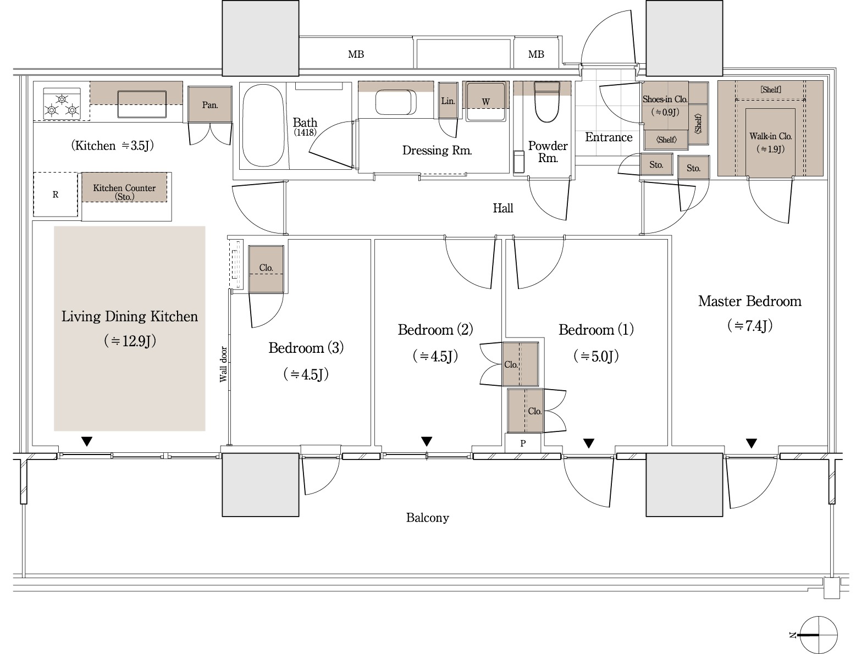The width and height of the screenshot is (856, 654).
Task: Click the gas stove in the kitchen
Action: [62, 104]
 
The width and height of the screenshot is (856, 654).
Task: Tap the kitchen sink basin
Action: [142, 104]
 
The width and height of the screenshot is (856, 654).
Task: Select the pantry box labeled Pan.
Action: [210, 104]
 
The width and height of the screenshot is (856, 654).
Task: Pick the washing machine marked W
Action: [486, 101]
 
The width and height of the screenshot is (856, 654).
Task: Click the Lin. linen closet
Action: [448, 101]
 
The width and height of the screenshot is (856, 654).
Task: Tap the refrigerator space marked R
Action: [56, 194]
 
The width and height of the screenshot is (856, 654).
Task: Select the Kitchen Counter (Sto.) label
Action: [124, 192]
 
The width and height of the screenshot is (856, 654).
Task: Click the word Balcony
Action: [427, 518]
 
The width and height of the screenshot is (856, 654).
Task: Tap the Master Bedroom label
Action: [749, 301]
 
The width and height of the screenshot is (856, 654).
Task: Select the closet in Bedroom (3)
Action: [266, 269]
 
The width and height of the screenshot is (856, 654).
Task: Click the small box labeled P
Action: [523, 443]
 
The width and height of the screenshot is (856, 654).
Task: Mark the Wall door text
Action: [223, 364]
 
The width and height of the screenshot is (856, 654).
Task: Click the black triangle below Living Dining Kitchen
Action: [87, 441]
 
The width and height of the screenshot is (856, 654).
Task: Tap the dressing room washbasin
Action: [396, 102]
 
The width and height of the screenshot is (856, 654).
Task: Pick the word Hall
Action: [502, 208]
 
